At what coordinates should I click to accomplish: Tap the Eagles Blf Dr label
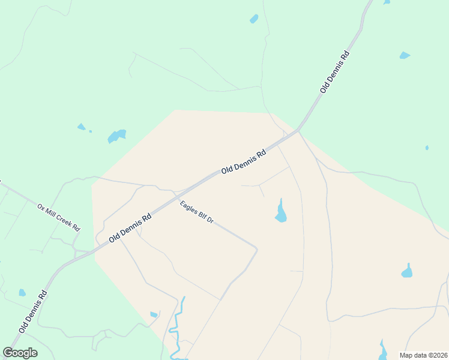197,212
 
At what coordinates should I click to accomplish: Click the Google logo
20,353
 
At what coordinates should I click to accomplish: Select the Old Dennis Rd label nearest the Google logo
32,312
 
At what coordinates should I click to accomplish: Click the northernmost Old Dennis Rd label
334,71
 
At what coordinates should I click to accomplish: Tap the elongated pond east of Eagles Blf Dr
280,212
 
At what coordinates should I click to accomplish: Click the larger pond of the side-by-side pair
116,136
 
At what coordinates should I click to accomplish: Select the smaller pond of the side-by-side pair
82,127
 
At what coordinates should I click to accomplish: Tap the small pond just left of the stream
154,314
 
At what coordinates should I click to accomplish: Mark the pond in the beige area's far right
407,271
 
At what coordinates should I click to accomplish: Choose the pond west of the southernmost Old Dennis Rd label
22,293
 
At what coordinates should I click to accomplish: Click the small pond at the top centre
254,19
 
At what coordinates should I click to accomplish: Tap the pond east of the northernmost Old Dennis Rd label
405,56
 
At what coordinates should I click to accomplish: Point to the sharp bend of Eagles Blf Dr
257,248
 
